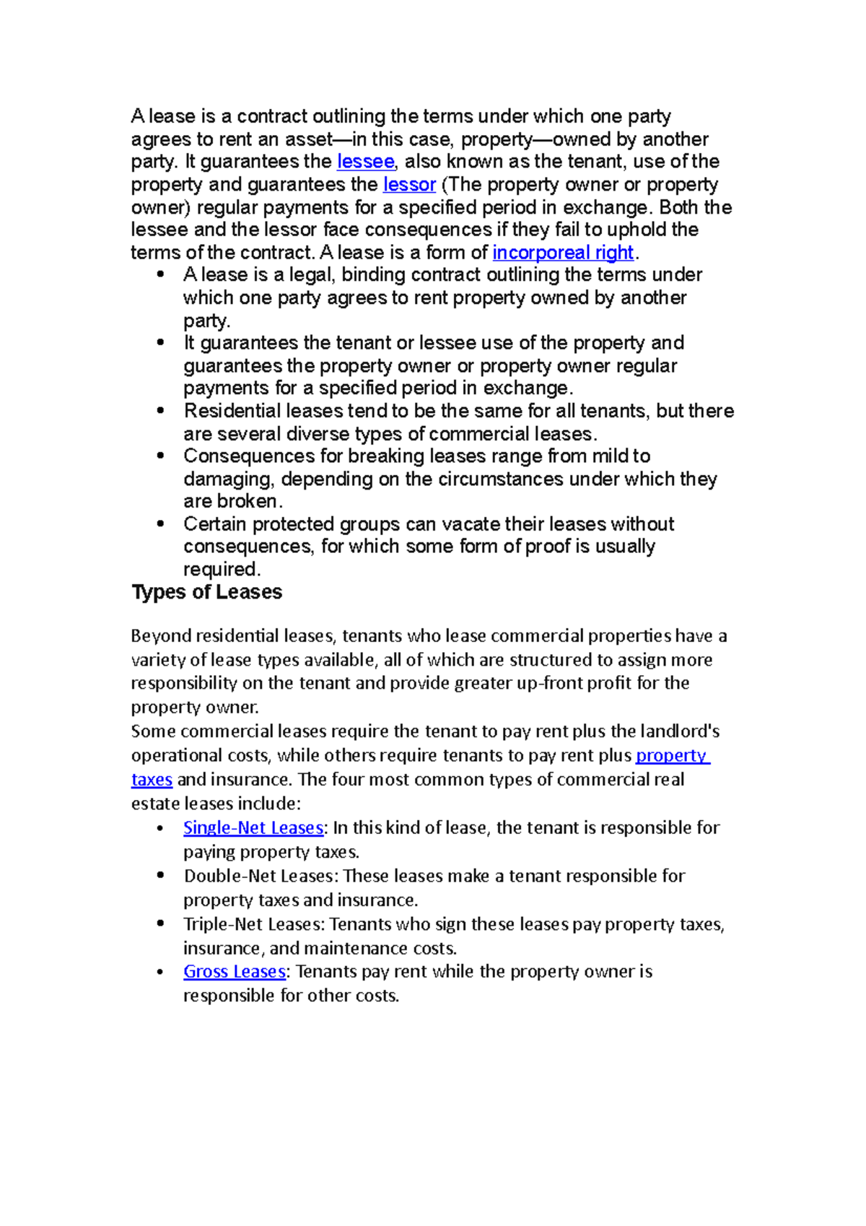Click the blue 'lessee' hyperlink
click(x=366, y=162)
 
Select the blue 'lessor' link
click(x=409, y=185)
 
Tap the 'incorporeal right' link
click(x=562, y=253)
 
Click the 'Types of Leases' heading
click(x=206, y=592)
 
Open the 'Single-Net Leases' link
click(x=253, y=827)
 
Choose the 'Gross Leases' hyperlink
click(x=235, y=972)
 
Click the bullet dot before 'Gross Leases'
click(x=160, y=972)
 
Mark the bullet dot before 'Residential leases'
click(x=160, y=411)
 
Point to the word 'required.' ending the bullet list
click(x=222, y=570)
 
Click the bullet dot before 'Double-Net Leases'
click(x=160, y=876)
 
